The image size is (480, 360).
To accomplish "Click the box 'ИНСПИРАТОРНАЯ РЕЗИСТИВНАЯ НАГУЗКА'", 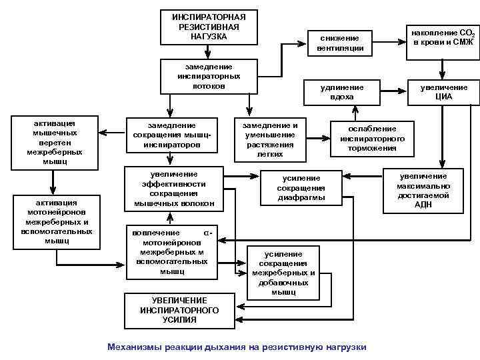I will [x=209, y=27].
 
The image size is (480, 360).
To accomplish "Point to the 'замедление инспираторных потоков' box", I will [x=209, y=76].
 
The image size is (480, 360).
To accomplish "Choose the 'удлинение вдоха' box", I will [x=342, y=92].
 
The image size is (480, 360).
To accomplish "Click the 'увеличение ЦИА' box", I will [x=443, y=92].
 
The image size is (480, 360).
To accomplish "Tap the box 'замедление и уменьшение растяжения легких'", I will [x=270, y=139].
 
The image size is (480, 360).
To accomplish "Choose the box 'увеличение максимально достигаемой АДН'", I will [x=425, y=190].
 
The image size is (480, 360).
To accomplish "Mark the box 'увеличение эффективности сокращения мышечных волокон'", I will [x=173, y=188].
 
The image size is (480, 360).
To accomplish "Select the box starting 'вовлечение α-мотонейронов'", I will [x=172, y=253].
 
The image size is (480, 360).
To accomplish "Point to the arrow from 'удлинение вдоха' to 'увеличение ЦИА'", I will [x=394, y=92].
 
